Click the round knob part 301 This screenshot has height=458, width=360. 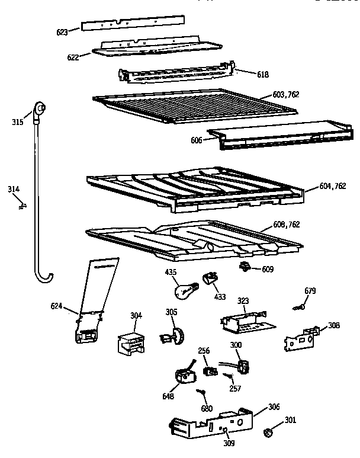[x=268, y=431]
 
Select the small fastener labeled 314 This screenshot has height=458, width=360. [x=23, y=205]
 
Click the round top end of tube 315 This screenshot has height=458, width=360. [x=40, y=108]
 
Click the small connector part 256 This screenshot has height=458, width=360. [x=209, y=371]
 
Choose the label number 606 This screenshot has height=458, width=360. [x=197, y=140]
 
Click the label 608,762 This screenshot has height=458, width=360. [x=286, y=225]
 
